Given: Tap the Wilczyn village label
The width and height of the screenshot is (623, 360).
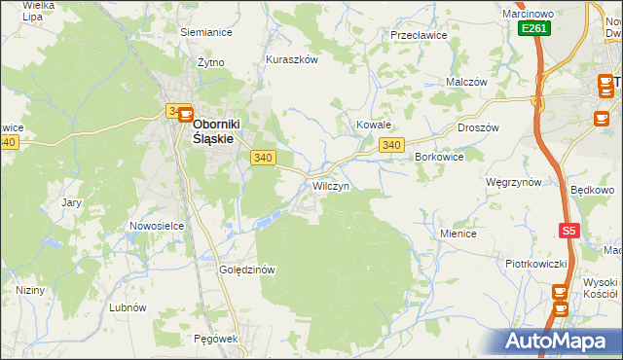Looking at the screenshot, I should click(x=330, y=185).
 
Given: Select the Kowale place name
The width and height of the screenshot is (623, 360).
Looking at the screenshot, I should click(x=373, y=126).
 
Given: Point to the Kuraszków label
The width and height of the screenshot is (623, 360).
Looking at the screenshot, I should click(x=292, y=59).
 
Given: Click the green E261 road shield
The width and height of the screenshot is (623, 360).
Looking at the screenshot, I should click(x=533, y=29).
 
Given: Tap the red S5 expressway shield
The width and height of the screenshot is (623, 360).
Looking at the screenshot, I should click(x=569, y=231).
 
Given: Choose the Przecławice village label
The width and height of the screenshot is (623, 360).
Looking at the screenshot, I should click(x=418, y=35).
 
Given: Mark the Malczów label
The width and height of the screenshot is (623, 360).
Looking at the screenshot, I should click(x=466, y=83).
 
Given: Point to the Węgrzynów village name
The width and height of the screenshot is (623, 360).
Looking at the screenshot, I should click(x=513, y=182).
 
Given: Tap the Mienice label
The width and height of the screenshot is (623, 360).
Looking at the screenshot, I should click(x=458, y=234).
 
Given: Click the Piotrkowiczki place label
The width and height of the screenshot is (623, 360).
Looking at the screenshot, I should click(x=535, y=263).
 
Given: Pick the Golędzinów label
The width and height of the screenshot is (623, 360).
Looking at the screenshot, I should click(x=248, y=270).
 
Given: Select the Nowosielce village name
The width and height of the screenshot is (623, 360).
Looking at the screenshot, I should click(x=157, y=226).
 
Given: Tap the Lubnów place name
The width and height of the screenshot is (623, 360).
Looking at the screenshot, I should click(x=128, y=306).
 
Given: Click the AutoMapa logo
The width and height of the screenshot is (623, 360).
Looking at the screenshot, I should click(x=559, y=341).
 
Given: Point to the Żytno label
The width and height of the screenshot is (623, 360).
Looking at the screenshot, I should click(x=210, y=62).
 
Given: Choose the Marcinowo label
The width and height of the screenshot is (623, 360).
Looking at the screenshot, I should click(x=528, y=13).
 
